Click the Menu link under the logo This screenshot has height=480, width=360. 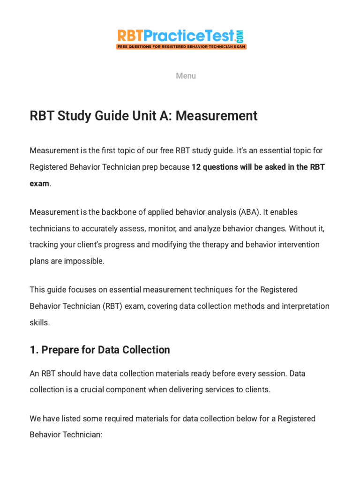pos(186,76)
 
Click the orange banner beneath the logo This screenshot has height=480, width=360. pos(181,47)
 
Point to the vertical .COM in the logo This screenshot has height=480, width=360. pos(241,36)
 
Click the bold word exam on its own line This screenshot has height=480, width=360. pos(39,184)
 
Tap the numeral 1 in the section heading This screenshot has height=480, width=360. pos(32,350)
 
